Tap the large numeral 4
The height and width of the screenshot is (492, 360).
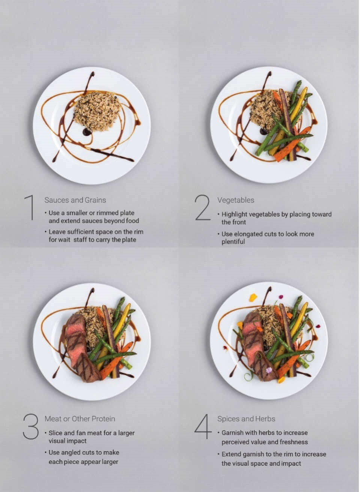coord(203,426)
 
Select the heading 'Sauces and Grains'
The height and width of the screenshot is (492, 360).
coord(75,200)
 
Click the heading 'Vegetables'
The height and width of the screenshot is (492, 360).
coord(235,200)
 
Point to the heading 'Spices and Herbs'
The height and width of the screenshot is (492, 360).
coord(246,419)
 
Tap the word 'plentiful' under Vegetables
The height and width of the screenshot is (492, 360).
coord(233,242)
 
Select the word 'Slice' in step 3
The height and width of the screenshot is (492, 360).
coord(56,433)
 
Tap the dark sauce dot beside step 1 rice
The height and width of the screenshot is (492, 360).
coord(87,132)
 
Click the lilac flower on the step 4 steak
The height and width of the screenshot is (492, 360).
coord(268,370)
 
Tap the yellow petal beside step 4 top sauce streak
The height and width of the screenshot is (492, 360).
coord(253,297)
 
